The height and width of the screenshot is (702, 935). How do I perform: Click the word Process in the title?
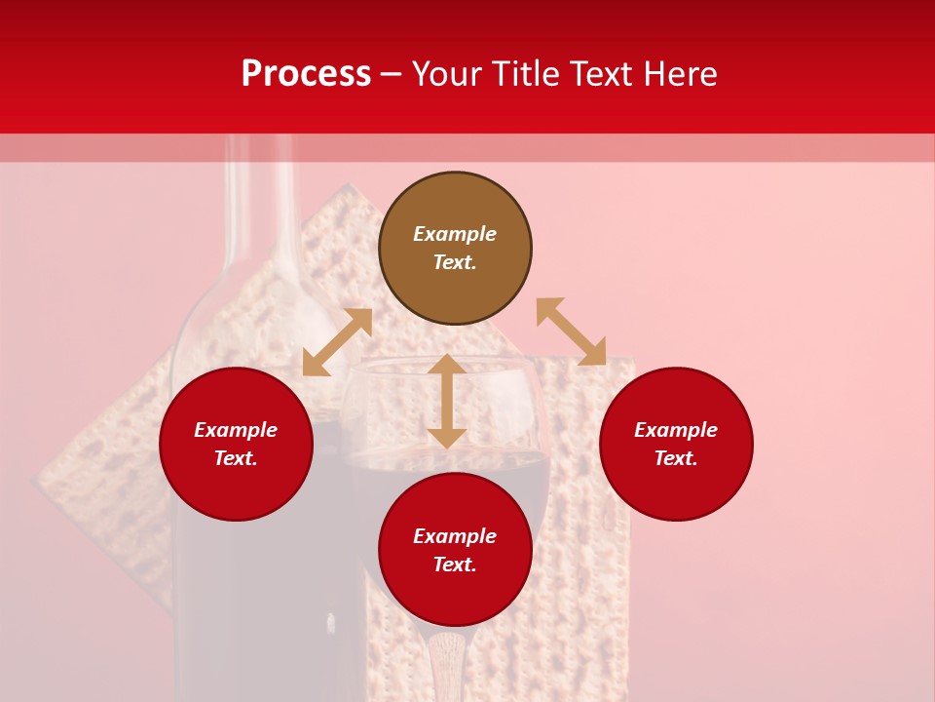[x=306, y=74]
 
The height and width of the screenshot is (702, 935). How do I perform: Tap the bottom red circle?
[x=455, y=595]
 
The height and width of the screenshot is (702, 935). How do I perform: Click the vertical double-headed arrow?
[x=447, y=401]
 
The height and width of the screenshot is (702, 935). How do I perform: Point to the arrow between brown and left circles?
[x=337, y=342]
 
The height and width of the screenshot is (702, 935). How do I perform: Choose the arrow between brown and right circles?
[x=571, y=331]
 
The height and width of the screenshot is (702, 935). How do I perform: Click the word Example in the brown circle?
[x=455, y=234]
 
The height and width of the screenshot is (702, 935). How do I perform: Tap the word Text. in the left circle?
[x=236, y=458]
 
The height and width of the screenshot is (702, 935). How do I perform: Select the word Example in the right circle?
[x=676, y=430]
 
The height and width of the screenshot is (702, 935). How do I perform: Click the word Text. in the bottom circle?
[x=455, y=565]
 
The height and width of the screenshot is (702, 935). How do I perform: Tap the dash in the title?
[x=392, y=75]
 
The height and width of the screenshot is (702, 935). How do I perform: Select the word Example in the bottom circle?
[x=455, y=536]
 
